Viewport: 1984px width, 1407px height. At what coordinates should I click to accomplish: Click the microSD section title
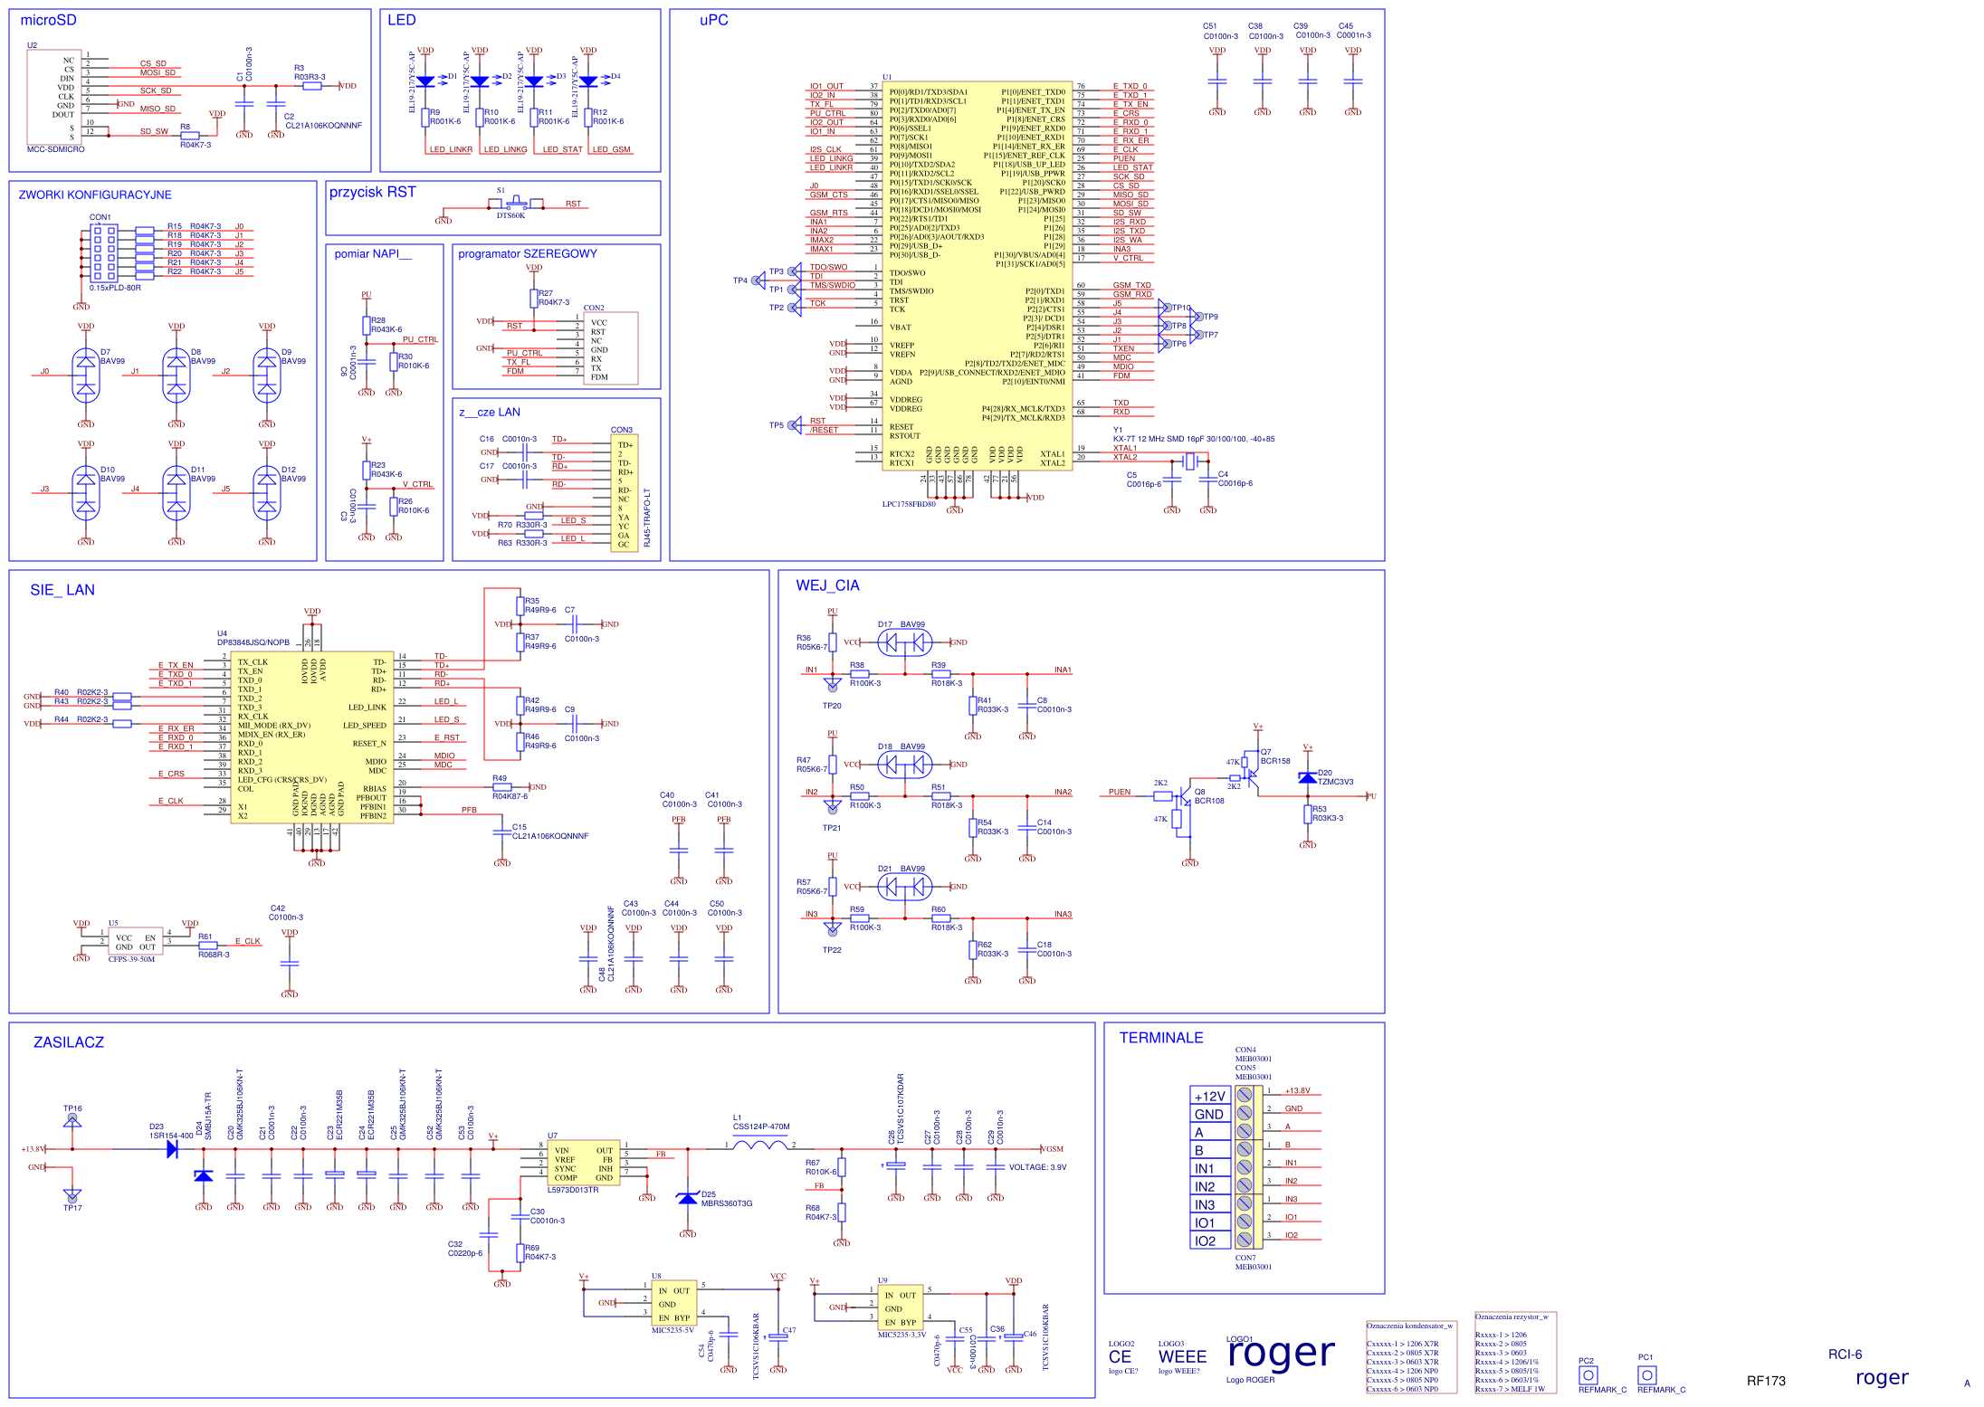pos(48,20)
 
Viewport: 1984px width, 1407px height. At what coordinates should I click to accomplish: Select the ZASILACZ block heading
pos(68,1042)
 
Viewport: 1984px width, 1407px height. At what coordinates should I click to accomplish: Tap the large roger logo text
pos(1281,1354)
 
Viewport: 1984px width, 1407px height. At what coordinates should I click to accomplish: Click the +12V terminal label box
pos(1209,1096)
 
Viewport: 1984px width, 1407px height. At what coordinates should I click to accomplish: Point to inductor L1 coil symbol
pos(759,1146)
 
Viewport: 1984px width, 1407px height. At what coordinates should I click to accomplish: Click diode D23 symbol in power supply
pos(172,1149)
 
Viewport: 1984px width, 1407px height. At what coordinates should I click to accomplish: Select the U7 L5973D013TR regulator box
pos(584,1164)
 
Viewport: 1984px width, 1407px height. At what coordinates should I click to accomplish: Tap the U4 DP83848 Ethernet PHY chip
pos(312,737)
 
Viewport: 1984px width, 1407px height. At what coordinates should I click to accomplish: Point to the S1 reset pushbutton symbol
pos(515,203)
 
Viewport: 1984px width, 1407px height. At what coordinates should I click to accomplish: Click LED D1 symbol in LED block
pos(425,81)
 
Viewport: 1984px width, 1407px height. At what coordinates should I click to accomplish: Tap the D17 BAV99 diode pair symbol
pos(904,642)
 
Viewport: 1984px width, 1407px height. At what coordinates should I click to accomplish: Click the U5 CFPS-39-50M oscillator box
pos(136,941)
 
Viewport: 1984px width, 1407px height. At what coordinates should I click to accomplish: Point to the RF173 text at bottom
pos(1766,1381)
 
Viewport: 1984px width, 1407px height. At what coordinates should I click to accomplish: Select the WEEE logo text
pos(1182,1356)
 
